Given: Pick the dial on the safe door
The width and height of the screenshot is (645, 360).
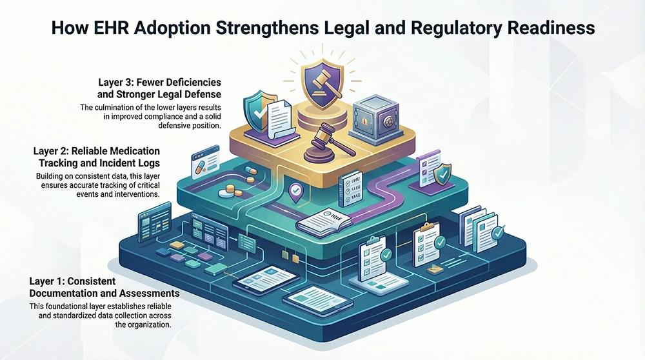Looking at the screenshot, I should click(387, 122).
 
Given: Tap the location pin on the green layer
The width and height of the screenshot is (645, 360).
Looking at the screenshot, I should click(296, 191).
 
